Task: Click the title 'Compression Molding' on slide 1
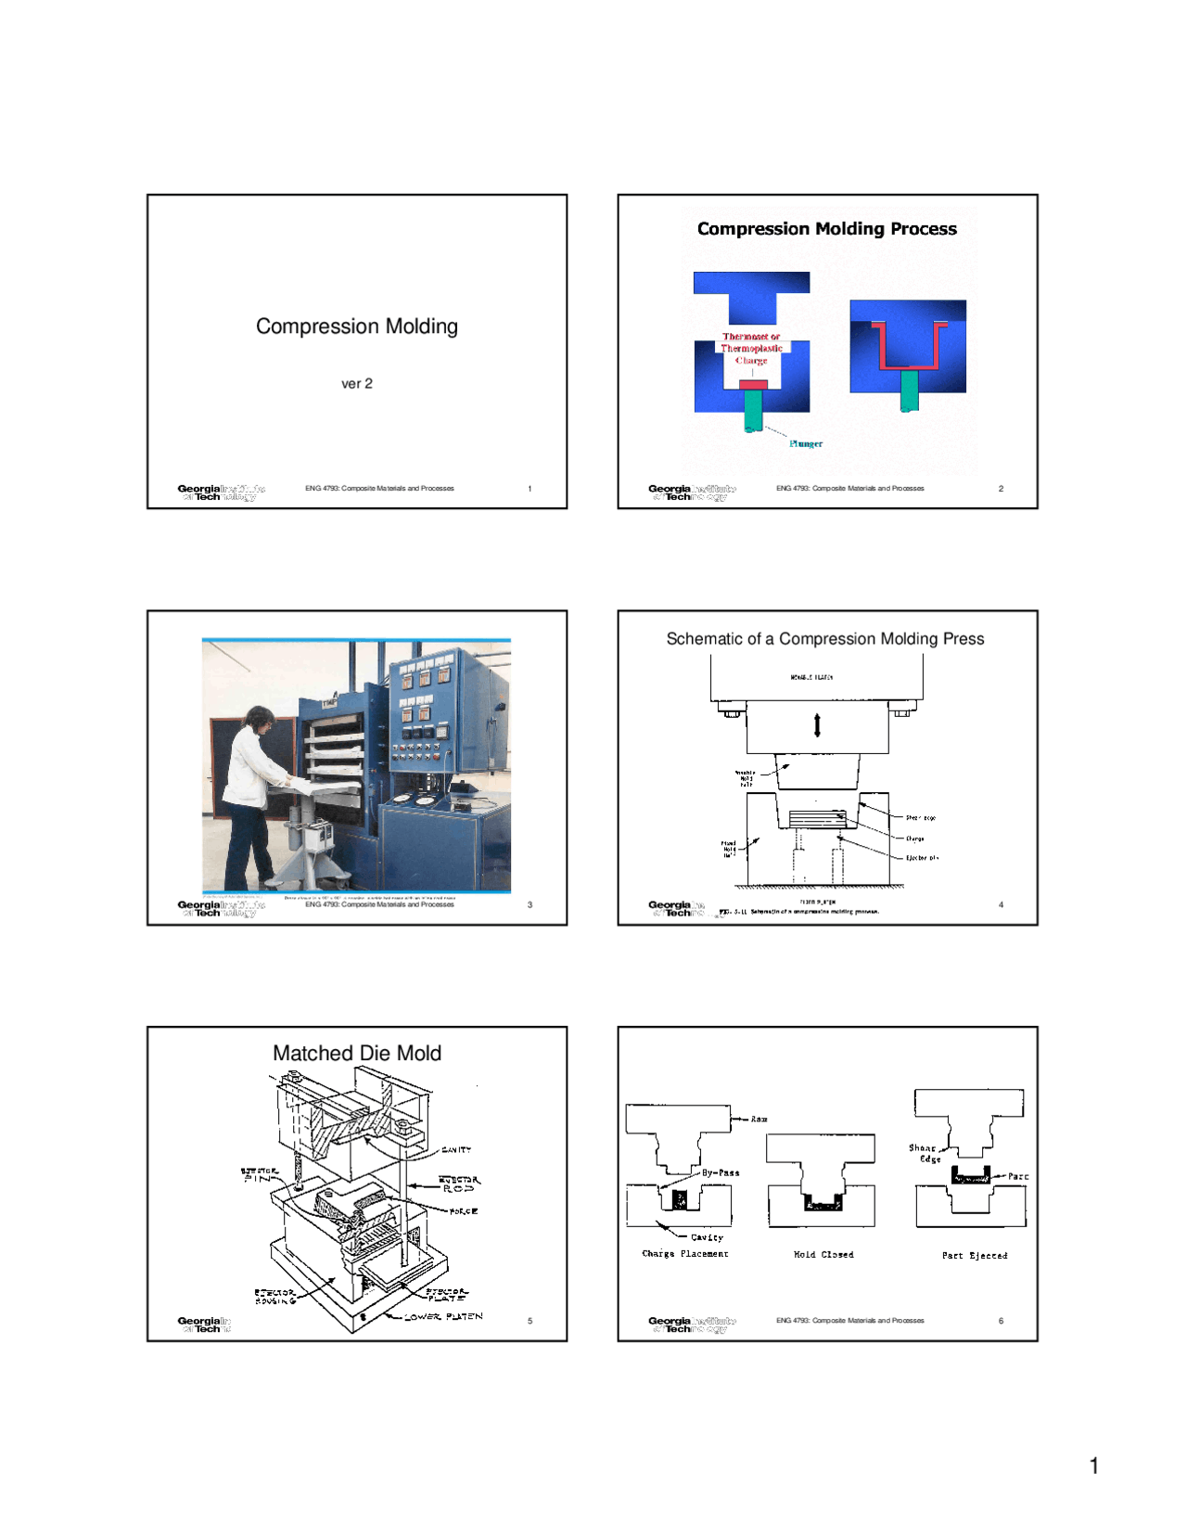click(x=356, y=326)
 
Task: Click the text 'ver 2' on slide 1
click(x=356, y=383)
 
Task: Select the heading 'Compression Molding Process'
click(x=826, y=229)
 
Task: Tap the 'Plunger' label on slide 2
click(x=806, y=443)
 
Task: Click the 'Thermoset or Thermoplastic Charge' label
click(x=751, y=349)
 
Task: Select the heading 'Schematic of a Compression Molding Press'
click(x=824, y=639)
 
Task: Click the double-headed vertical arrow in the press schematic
click(x=817, y=724)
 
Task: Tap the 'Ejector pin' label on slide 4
click(x=922, y=858)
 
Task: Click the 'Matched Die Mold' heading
click(x=356, y=1054)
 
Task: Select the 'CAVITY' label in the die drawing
click(x=455, y=1150)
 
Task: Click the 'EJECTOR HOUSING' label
click(x=275, y=1296)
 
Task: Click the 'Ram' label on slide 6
click(x=759, y=1120)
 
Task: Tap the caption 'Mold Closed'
click(x=823, y=1255)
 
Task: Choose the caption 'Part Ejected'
click(x=974, y=1256)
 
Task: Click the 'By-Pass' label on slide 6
click(x=721, y=1172)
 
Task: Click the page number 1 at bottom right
click(x=1094, y=1466)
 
